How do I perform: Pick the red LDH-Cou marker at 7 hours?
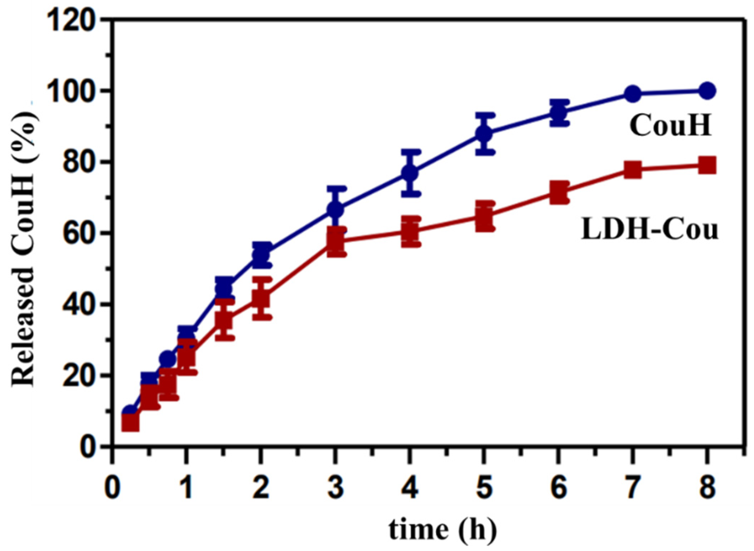[633, 169]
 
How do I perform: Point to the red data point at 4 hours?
[410, 231]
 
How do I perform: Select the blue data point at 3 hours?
[335, 209]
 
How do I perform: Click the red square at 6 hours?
[559, 192]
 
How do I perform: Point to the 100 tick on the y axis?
[71, 91]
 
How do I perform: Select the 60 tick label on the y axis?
[78, 233]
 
